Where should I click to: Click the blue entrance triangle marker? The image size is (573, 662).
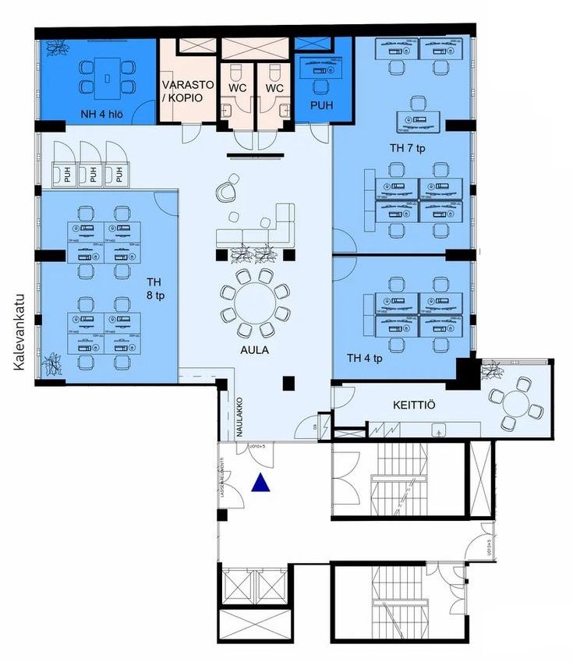tap(262, 483)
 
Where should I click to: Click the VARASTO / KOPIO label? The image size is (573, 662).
tap(183, 92)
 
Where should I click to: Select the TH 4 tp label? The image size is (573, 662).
tap(364, 358)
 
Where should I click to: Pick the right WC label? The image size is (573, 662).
tap(274, 89)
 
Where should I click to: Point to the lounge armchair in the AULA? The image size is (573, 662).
tap(226, 190)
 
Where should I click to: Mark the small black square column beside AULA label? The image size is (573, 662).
tap(288, 382)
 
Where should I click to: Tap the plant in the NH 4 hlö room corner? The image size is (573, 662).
tap(56, 48)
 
